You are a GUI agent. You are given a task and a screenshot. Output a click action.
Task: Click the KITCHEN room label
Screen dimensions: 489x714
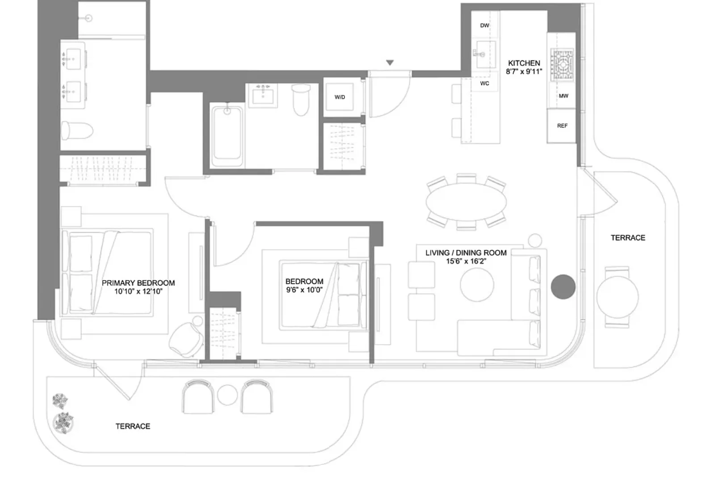[x=524, y=63]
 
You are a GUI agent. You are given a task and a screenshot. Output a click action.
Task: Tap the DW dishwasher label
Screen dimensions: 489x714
[x=484, y=25]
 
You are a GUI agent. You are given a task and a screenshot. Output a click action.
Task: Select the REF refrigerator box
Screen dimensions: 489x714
[x=562, y=126]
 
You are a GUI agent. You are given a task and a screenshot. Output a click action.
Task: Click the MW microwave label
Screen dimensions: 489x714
[x=563, y=96]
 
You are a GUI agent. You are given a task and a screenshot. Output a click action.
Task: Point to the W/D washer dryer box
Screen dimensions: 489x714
[x=340, y=97]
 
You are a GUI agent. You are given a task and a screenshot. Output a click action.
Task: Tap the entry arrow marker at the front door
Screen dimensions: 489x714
[x=390, y=63]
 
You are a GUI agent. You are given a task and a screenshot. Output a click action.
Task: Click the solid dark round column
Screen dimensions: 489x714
[x=563, y=287]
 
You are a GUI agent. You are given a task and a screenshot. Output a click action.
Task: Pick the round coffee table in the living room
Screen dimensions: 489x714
[x=477, y=285]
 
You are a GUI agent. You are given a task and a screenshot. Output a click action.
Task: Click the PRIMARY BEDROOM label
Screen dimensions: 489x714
[x=138, y=282]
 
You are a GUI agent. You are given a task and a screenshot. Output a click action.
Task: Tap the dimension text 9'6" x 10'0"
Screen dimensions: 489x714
[x=304, y=290]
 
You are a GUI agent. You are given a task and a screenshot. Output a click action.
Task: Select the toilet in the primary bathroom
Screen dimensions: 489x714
[x=76, y=130]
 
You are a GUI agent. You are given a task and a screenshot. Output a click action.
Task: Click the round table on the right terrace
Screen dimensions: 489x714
[x=617, y=296]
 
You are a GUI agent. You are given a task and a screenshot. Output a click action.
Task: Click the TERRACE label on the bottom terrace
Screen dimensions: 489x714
[x=133, y=426]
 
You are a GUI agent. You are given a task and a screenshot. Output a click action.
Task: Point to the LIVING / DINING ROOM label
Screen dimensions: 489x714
[x=466, y=253]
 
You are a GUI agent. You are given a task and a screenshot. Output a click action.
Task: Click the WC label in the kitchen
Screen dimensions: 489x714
[x=484, y=84]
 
